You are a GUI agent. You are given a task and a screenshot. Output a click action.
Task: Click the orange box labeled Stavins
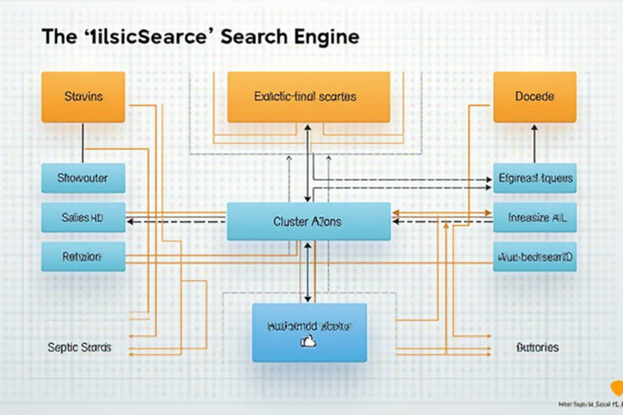click(83, 97)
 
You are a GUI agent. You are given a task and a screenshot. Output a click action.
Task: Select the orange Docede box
click(534, 97)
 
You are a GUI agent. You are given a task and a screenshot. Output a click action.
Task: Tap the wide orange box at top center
click(308, 97)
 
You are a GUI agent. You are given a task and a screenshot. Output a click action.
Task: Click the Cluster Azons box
click(308, 221)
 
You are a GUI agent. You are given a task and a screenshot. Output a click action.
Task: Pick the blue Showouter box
click(83, 178)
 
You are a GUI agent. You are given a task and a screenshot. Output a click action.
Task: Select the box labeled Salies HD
click(83, 218)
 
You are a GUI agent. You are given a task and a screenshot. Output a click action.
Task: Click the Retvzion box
click(83, 255)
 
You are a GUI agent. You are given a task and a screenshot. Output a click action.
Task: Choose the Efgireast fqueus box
click(534, 178)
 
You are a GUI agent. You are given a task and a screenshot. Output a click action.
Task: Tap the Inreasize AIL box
click(534, 218)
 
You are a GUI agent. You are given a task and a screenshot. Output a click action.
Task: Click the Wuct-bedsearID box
click(534, 255)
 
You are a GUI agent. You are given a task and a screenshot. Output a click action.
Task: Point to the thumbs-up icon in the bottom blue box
click(306, 341)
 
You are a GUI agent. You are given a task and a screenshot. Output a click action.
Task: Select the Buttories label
click(537, 347)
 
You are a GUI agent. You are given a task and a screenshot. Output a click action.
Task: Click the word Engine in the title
click(322, 37)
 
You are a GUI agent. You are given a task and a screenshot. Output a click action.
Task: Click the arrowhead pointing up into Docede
click(534, 128)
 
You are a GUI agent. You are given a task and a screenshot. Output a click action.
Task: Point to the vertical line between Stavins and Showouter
click(83, 143)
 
